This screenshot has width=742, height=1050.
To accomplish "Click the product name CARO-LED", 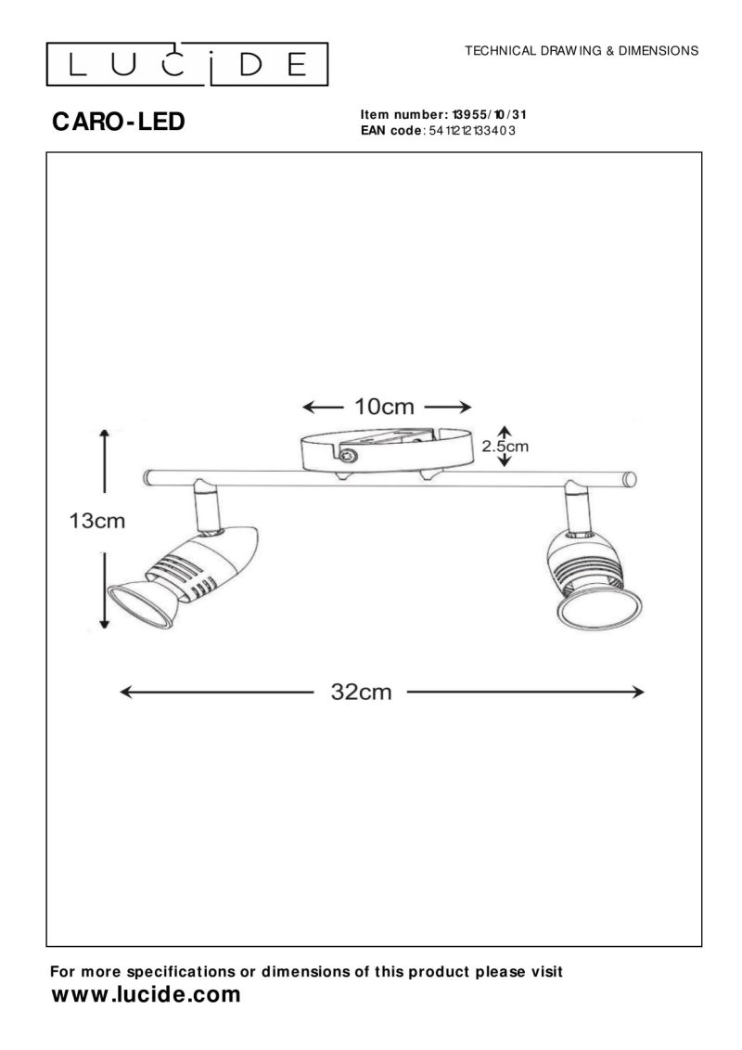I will pyautogui.click(x=119, y=122).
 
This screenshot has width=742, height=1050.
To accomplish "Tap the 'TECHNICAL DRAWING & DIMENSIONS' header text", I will pyautogui.click(x=582, y=50).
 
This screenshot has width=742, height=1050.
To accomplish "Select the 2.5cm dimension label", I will pyautogui.click(x=505, y=446).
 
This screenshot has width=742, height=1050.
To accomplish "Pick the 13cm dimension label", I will pyautogui.click(x=96, y=521).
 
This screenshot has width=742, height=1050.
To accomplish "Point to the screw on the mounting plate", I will pyautogui.click(x=350, y=455).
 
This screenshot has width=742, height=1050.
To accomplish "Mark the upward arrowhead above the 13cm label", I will pyautogui.click(x=105, y=434).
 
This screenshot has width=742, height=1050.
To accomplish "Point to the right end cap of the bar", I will pyautogui.click(x=631, y=478).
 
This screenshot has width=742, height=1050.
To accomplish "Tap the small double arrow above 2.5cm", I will pyautogui.click(x=504, y=429).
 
